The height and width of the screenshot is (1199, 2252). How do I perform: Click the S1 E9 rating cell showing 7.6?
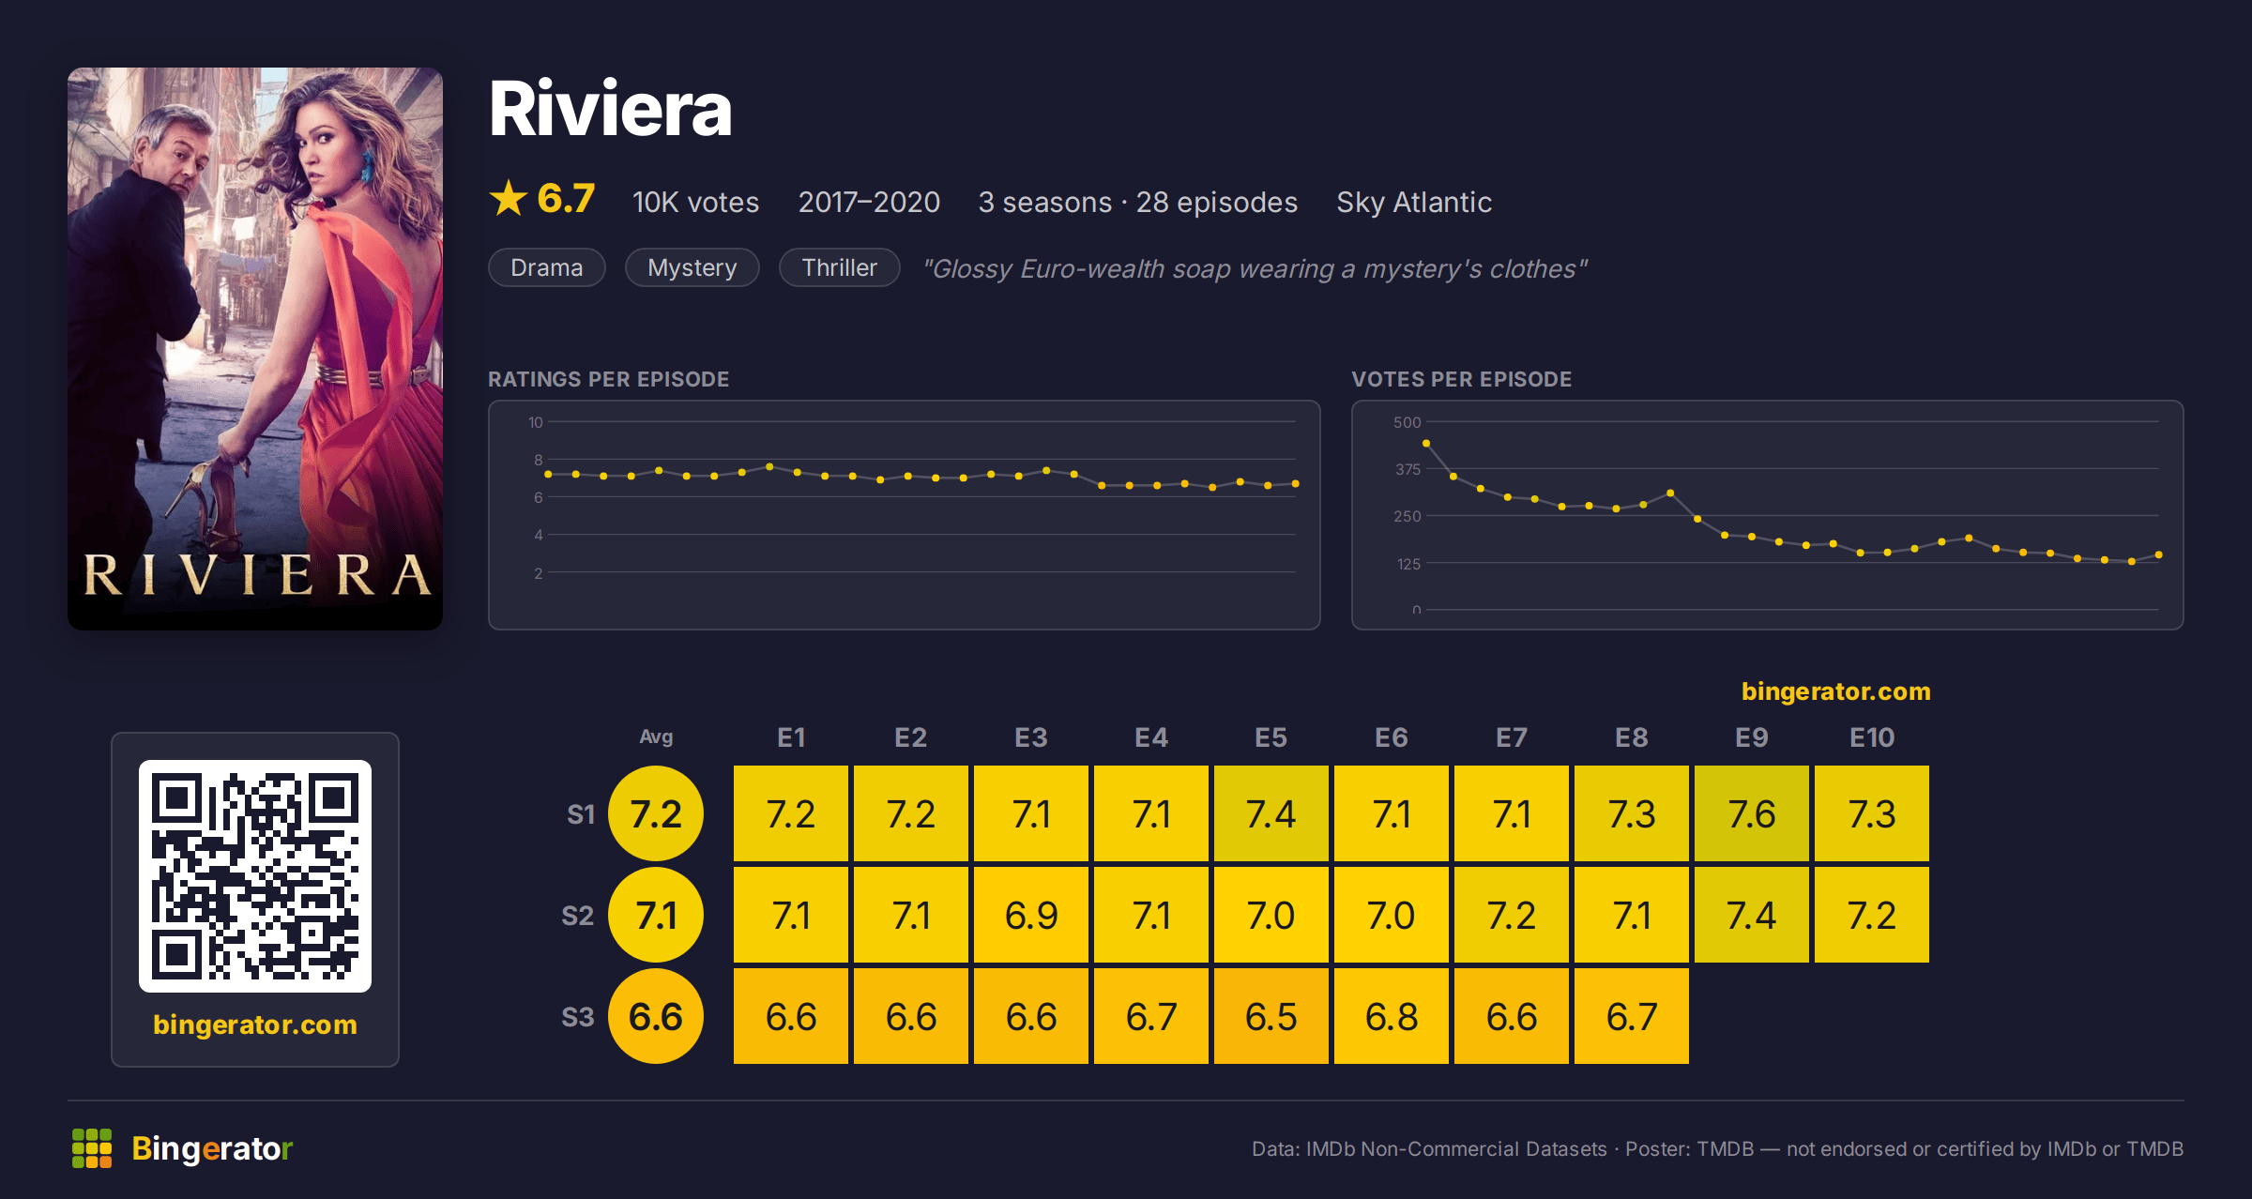point(1752,813)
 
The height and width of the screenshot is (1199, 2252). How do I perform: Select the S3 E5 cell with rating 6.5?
point(1271,1016)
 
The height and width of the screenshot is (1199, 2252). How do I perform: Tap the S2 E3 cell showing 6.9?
point(1031,915)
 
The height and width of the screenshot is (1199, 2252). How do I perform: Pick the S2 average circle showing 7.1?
point(656,915)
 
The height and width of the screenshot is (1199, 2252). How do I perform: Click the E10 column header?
point(1872,737)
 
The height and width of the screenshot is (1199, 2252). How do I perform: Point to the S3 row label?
point(578,1017)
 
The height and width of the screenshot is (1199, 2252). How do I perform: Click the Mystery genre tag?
point(692,267)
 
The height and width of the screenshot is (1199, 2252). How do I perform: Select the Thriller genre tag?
point(840,267)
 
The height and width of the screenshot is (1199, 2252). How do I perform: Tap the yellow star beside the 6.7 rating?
point(509,198)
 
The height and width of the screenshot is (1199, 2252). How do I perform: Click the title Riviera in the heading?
point(610,109)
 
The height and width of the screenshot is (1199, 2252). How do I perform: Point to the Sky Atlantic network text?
point(1414,202)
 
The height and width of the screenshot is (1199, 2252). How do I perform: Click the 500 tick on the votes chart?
point(1407,422)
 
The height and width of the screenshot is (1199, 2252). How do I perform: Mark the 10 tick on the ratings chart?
point(536,422)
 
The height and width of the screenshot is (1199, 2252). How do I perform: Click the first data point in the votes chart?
point(1426,443)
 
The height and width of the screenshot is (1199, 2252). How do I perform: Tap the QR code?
point(255,875)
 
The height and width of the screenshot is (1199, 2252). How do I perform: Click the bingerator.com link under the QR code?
point(255,1024)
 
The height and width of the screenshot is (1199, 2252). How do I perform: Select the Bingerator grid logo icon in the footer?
point(92,1148)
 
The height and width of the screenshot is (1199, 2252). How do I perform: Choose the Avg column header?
point(656,737)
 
